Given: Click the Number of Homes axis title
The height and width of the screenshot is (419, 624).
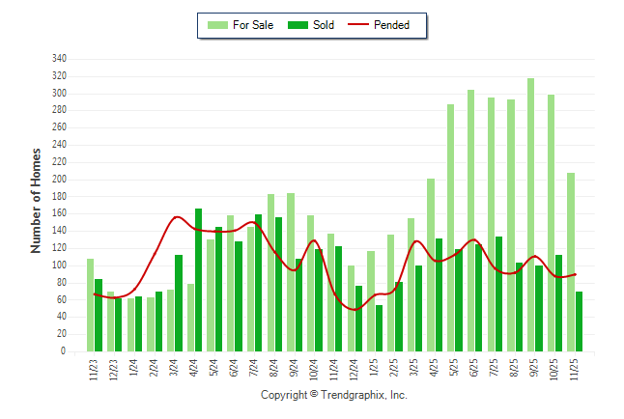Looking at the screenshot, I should point(37,201).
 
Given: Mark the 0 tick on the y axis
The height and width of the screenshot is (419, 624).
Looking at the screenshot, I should point(63,351).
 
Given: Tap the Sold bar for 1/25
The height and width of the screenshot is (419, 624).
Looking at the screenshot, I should point(379,328).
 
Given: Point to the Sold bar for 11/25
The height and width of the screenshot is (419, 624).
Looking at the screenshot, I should point(579,321).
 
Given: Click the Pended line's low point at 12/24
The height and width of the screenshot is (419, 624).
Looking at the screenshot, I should point(355,309).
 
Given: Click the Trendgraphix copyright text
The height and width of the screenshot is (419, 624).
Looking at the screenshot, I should point(334,396).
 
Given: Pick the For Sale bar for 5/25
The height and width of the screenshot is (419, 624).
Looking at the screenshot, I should point(450,228).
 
